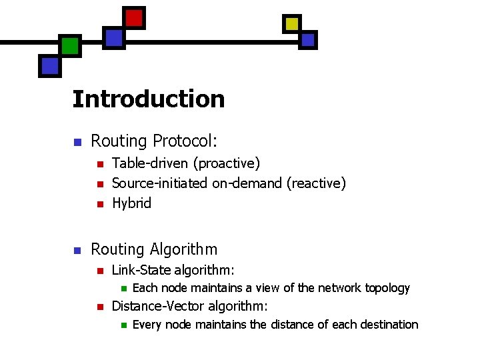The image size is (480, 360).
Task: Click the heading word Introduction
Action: tap(149, 99)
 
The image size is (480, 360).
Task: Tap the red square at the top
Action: tap(134, 18)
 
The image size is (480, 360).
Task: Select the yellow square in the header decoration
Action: tap(292, 24)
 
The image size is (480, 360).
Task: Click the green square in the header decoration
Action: tap(70, 46)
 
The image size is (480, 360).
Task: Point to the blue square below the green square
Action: tap(50, 65)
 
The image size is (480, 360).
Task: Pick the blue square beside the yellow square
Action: tap(307, 40)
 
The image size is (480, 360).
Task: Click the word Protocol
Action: tap(185, 141)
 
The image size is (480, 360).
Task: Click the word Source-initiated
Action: tap(160, 183)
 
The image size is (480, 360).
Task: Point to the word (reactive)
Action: tap(316, 183)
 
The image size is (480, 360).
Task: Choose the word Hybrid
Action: tap(132, 203)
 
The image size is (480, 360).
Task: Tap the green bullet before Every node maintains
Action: tap(122, 325)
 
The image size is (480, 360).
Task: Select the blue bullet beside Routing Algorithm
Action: tap(77, 251)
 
